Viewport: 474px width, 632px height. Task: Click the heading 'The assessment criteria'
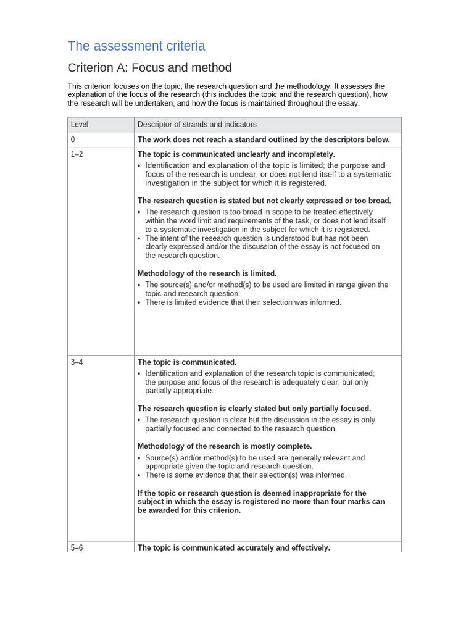136,46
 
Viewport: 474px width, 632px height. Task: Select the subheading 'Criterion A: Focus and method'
149,68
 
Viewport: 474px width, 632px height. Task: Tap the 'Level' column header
80,125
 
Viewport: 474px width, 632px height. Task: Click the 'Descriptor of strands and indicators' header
197,125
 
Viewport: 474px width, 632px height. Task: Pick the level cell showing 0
73,140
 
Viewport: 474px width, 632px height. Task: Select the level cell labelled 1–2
77,154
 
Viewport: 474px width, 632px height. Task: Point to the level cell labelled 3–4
77,362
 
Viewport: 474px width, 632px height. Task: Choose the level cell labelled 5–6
77,547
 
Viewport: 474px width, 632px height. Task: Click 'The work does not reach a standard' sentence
264,140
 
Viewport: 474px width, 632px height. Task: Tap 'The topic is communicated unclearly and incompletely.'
236,154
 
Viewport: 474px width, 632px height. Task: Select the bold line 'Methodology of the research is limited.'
207,273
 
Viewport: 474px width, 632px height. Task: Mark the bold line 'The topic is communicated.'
187,362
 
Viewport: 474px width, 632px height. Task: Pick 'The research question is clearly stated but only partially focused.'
254,409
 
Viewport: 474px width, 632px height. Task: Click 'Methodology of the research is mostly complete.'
225,446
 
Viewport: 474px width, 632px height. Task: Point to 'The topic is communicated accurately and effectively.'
233,547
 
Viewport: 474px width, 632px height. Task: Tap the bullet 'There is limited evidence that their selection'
243,302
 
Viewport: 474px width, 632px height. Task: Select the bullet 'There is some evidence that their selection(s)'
246,475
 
